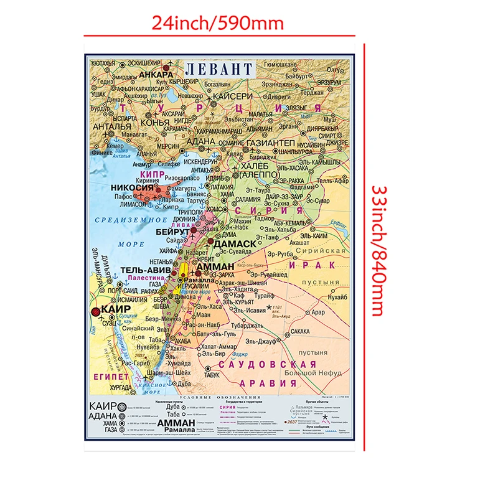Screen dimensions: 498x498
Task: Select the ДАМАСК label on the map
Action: pos(237,242)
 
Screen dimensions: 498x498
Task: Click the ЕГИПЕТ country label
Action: pos(111,377)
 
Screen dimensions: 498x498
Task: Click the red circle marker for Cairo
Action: pos(95,312)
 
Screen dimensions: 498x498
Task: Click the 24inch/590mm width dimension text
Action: pos(217,24)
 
